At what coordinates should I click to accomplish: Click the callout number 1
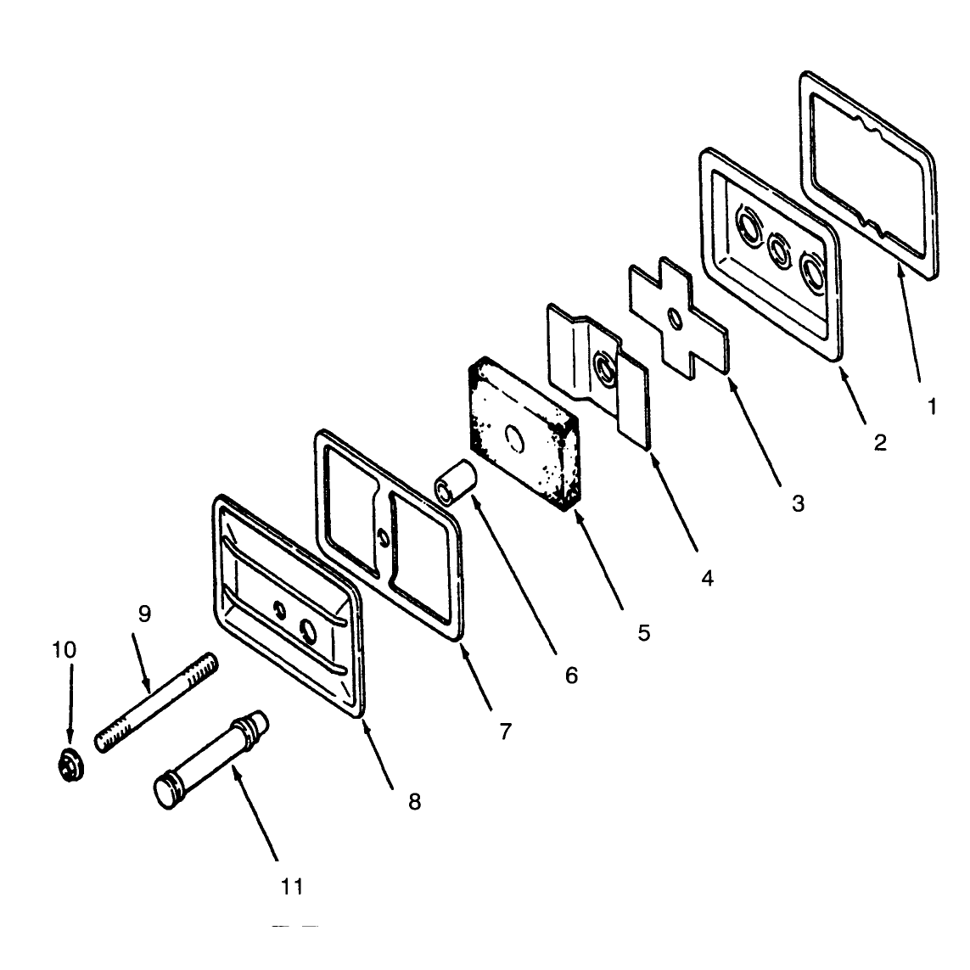(x=932, y=407)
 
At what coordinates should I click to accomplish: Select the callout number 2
(x=880, y=441)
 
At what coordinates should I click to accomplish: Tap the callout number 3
(x=798, y=503)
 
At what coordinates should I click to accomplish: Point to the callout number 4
(x=707, y=578)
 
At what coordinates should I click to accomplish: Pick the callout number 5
(x=644, y=632)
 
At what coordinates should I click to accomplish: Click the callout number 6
(x=571, y=675)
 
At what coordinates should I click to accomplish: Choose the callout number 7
(x=506, y=732)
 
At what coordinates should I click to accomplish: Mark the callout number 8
(x=414, y=801)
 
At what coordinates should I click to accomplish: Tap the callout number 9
(x=144, y=614)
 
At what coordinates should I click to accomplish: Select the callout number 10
(x=64, y=649)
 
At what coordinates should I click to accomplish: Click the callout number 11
(x=292, y=887)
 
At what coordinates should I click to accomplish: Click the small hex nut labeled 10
(x=70, y=765)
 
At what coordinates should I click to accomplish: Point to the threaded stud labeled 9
(x=156, y=702)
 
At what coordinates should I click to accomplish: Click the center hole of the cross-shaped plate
(x=676, y=318)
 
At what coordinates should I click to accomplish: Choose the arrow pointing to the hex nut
(x=70, y=704)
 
